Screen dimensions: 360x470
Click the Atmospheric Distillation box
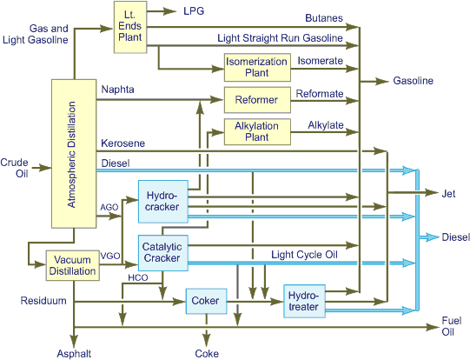click(73, 154)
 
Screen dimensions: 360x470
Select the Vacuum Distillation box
click(73, 265)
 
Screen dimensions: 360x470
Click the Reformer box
click(256, 100)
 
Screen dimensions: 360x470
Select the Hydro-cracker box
click(162, 202)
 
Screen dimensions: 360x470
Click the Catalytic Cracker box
click(162, 252)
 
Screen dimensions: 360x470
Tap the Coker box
click(206, 302)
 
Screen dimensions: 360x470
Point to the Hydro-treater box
click(303, 302)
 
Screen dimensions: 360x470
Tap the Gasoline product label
click(412, 80)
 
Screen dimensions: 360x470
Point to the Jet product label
click(449, 194)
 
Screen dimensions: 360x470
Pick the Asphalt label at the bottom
click(74, 353)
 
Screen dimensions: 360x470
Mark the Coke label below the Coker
click(206, 353)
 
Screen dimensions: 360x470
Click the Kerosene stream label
click(122, 143)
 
